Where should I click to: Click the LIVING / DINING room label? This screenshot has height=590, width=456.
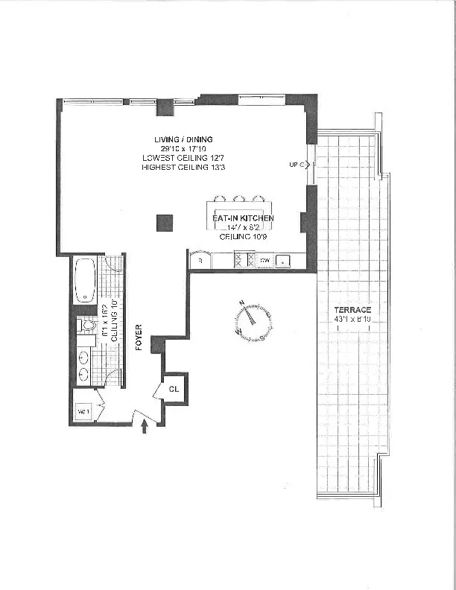point(183,139)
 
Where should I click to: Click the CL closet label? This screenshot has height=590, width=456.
point(174,388)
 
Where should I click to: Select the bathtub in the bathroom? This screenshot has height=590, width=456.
point(83,279)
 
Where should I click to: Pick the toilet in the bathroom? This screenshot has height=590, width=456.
point(86,325)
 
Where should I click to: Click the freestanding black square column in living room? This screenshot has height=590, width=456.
point(165,221)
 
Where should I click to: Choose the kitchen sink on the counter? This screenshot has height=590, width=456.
point(283,261)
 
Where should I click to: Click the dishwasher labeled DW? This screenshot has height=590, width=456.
point(264,261)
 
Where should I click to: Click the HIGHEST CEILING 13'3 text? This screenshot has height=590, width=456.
point(183,168)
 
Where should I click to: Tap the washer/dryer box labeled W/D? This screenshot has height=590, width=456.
point(83,411)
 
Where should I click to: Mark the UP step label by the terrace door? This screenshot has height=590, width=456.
point(295,165)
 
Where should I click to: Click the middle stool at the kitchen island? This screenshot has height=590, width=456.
point(238,199)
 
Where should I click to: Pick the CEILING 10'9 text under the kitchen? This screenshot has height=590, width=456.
point(244,235)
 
